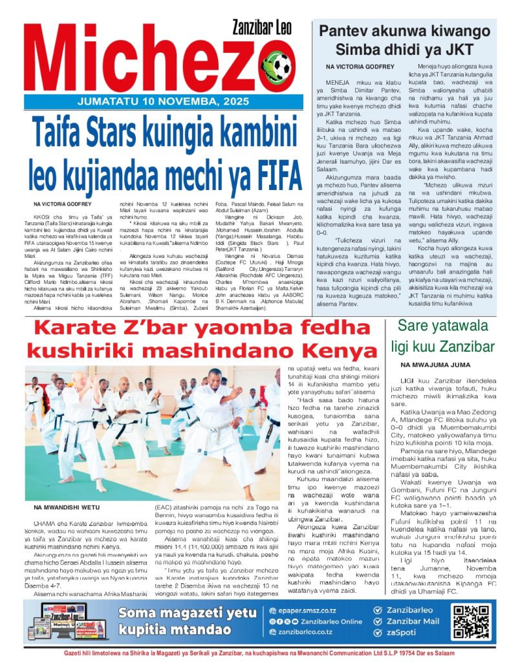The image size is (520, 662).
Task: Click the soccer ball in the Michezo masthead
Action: tap(282, 66)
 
